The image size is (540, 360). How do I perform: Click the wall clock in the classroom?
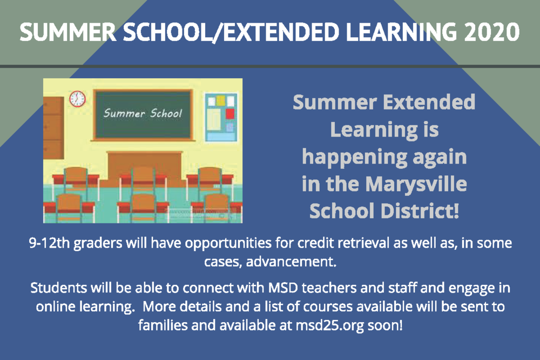pos(77,99)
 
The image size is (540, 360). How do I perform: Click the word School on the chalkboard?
pos(163,113)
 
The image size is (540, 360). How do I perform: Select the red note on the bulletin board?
pos(230,114)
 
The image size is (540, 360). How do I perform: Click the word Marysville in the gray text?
pos(416,185)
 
